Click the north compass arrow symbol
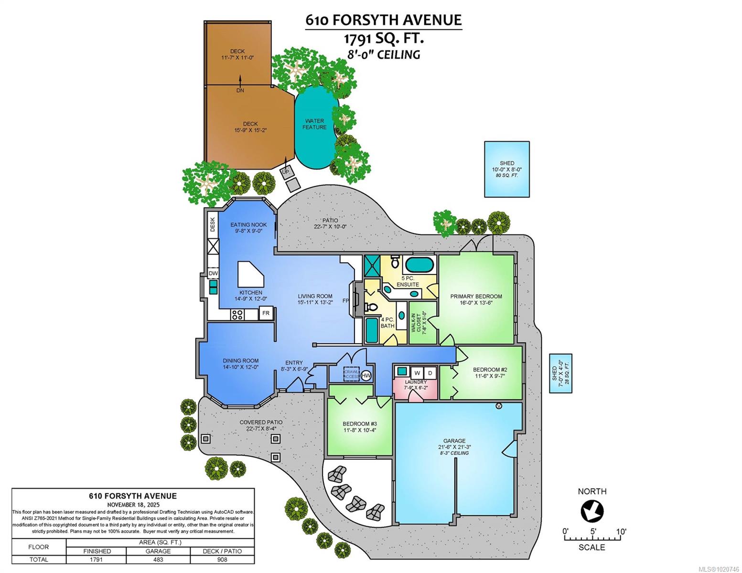tap(592, 511)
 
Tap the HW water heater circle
tap(366, 376)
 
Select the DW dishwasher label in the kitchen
tap(213, 274)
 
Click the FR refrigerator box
tap(266, 314)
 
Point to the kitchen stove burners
tap(237, 314)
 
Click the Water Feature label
tap(314, 124)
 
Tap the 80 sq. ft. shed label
tap(507, 169)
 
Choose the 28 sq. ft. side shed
tap(560, 373)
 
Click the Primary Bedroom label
tap(476, 299)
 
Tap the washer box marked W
tap(417, 372)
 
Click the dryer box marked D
tap(430, 372)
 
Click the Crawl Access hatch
tap(352, 374)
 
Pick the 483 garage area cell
tap(158, 559)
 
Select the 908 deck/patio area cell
tap(222, 559)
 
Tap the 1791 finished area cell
tap(96, 559)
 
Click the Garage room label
tap(454, 444)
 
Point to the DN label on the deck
tap(240, 90)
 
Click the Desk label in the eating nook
tap(213, 225)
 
